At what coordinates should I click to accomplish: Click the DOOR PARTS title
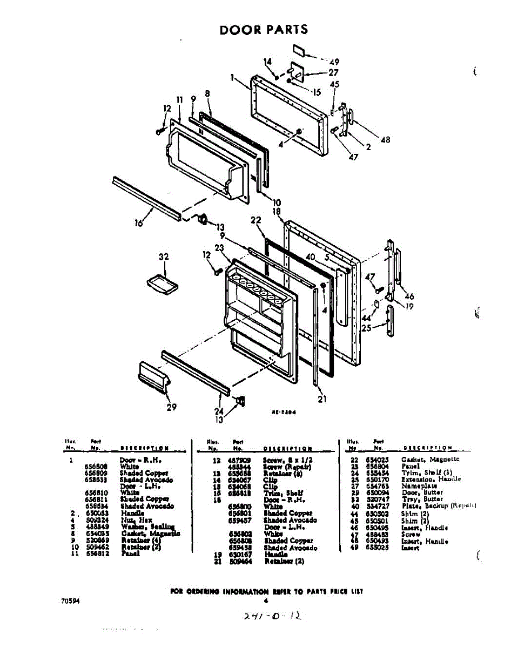point(264,30)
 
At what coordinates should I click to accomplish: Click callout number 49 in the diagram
point(334,62)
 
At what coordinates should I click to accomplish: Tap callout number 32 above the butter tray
point(164,257)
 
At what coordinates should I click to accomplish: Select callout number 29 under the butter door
point(171,407)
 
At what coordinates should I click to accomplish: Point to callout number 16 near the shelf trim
point(139,222)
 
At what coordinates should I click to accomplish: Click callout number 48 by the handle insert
point(385,140)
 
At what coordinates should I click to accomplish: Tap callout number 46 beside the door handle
point(409,296)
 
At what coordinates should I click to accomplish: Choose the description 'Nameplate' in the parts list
point(419,486)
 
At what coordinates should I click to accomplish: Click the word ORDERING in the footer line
point(207,591)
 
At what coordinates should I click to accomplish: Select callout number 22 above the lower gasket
point(255,220)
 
